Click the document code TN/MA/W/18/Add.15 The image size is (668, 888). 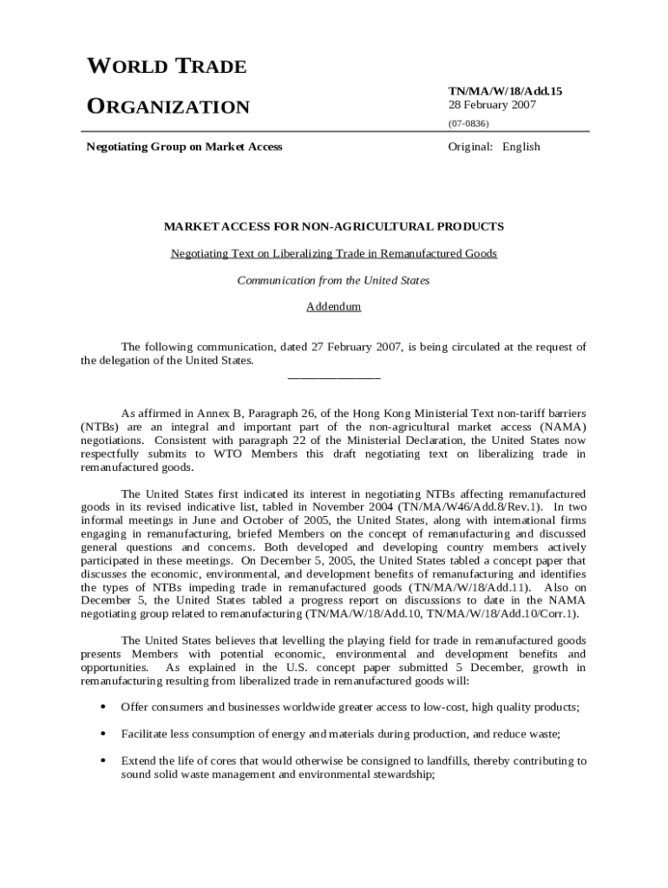pos(498,90)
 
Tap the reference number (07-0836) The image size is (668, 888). pos(468,123)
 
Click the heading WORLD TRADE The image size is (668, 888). pos(167,67)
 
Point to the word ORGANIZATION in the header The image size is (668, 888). pos(168,108)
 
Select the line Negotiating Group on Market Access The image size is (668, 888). pos(184,147)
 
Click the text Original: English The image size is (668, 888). pos(494,147)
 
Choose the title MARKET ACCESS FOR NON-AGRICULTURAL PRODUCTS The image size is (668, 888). pos(334,226)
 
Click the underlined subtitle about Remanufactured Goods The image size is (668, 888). pos(334,253)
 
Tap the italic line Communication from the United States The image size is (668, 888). pos(334,280)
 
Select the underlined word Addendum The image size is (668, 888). pos(334,307)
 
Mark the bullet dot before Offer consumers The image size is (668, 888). pos(103,707)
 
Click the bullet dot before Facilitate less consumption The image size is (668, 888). pos(103,734)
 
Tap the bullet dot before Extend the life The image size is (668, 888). pos(103,761)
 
